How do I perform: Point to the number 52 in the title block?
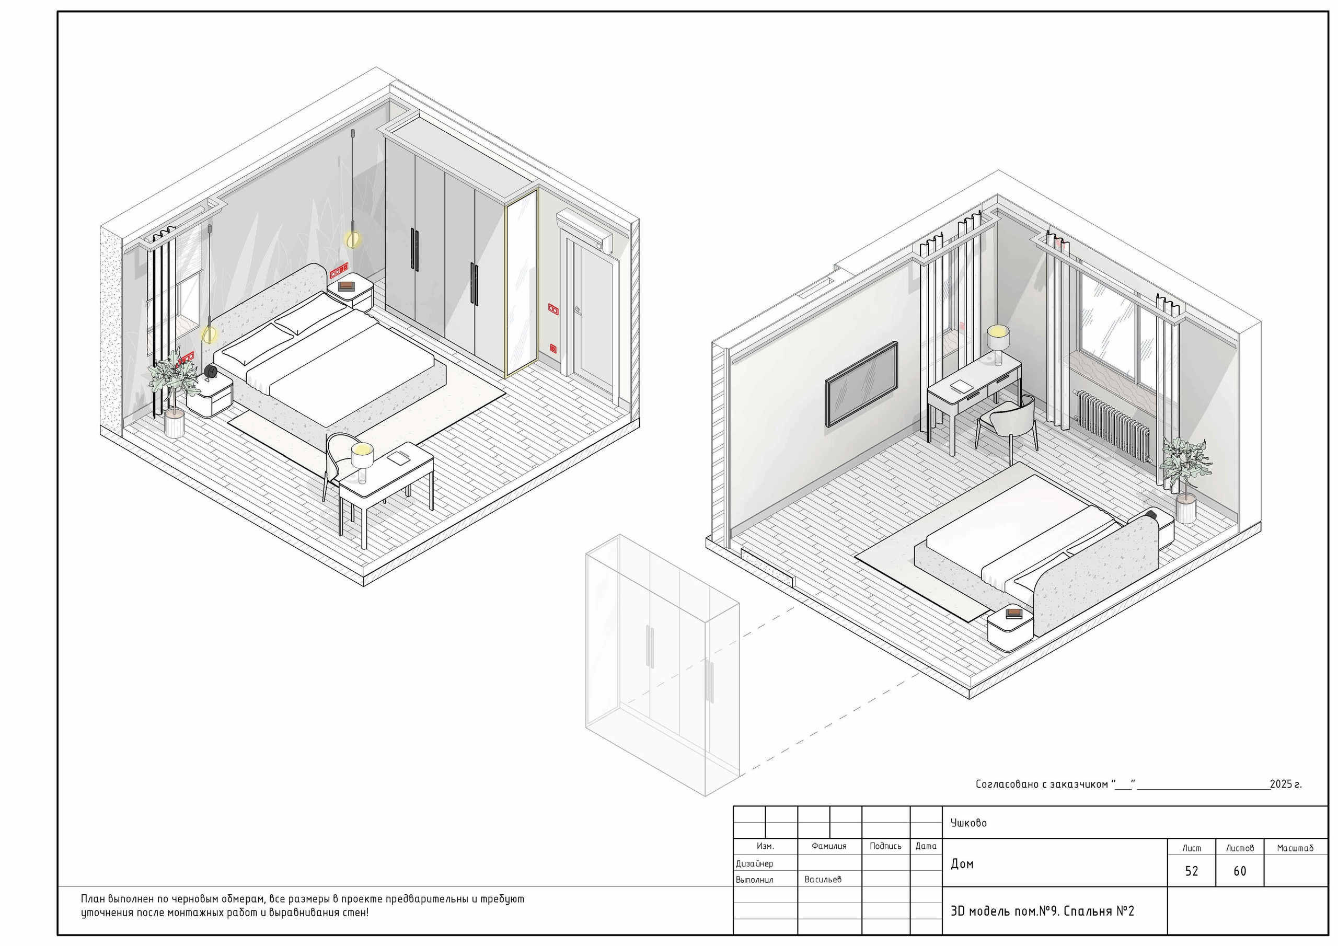[1192, 871]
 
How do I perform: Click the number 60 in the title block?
[1240, 871]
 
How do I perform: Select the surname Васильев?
[822, 880]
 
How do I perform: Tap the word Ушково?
[968, 823]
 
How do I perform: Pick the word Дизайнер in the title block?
[754, 864]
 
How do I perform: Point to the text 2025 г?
[1286, 784]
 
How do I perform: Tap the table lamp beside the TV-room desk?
[998, 344]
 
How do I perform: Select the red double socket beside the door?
[552, 309]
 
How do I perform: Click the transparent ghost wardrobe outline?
[663, 665]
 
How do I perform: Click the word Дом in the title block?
[962, 864]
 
